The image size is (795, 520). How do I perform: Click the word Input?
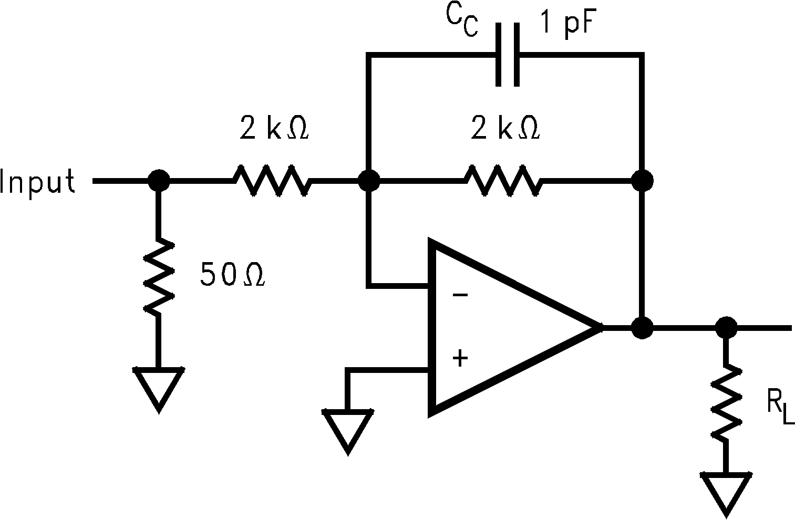pos(38,182)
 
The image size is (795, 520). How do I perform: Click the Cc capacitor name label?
pos(462,21)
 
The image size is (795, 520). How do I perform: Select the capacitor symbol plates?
pos(508,54)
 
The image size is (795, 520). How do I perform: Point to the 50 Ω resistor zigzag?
pos(158,277)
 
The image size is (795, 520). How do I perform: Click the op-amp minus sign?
pos(460,295)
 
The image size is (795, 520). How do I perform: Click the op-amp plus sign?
pos(460,359)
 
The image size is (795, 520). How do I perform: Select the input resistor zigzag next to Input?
pos(272,181)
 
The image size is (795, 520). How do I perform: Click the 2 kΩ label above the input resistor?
pos(274,130)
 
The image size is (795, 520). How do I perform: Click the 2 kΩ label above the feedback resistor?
pos(505,130)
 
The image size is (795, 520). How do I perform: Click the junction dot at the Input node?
pos(158,181)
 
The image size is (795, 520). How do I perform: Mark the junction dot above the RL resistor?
pos(726,328)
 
